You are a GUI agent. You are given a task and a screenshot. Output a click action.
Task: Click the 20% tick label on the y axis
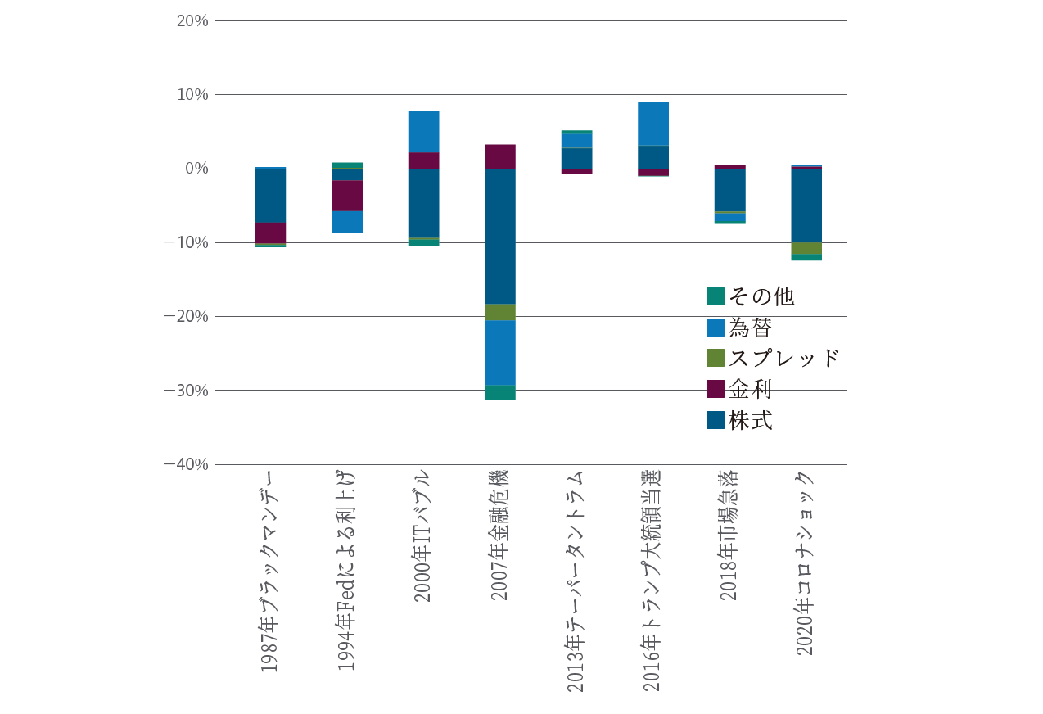[192, 20]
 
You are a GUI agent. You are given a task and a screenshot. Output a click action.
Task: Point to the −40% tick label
[187, 464]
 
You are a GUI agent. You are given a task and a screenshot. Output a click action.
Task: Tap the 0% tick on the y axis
[196, 169]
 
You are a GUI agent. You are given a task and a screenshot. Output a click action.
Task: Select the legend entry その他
[751, 296]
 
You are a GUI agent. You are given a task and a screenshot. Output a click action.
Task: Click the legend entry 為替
[740, 328]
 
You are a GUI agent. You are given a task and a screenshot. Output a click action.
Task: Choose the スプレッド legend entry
[773, 358]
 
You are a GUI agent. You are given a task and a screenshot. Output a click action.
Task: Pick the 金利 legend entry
[740, 389]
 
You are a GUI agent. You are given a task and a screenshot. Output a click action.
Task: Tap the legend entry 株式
[740, 420]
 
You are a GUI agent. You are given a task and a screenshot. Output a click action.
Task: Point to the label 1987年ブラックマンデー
[270, 572]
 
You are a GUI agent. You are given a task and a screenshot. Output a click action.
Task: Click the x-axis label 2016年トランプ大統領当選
[652, 581]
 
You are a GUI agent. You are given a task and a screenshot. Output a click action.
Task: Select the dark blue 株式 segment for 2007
[500, 236]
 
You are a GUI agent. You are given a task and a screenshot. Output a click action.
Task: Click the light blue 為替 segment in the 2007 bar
[500, 353]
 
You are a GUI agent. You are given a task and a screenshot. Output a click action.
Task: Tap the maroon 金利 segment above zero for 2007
[500, 156]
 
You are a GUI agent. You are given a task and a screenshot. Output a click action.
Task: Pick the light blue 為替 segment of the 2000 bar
[424, 132]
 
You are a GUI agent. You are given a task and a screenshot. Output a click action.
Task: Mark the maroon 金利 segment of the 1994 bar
[347, 196]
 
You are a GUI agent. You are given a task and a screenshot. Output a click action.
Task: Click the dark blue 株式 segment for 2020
[806, 206]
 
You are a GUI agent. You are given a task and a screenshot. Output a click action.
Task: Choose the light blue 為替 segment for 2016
[653, 124]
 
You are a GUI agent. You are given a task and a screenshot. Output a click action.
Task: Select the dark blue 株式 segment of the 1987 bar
[270, 196]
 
